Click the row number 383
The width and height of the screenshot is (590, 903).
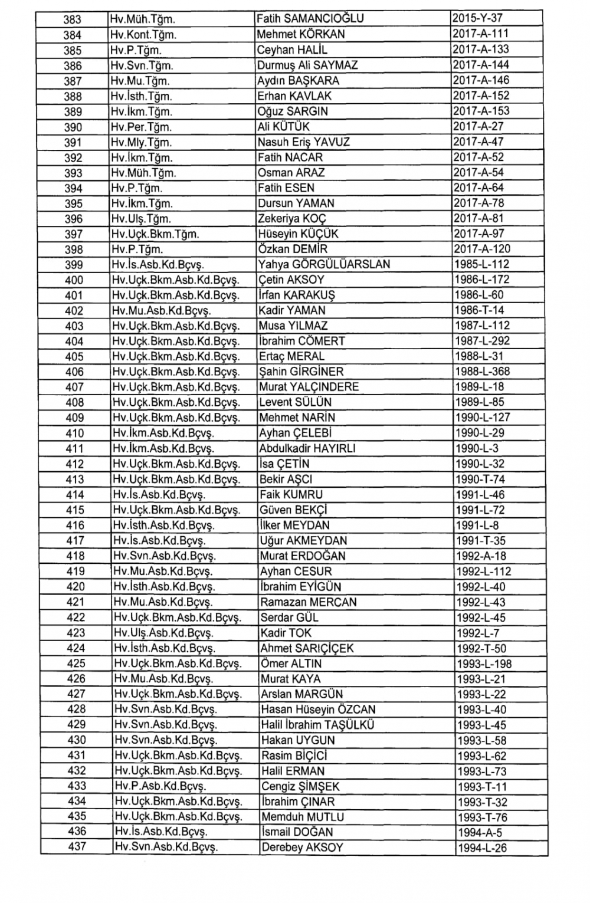coord(72,19)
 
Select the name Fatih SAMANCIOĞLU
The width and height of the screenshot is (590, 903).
coord(310,18)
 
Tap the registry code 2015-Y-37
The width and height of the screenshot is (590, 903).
coord(477,18)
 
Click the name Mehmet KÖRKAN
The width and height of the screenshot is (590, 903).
coord(301,34)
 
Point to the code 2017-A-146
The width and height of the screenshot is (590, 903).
coord(481,80)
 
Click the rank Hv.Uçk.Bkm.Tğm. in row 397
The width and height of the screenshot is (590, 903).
coord(155,234)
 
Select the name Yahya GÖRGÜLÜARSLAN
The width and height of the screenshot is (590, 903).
coord(324,264)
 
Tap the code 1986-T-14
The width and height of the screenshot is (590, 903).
coord(480,310)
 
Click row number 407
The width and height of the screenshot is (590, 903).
coord(74,388)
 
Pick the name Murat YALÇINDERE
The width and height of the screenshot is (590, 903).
coord(317,387)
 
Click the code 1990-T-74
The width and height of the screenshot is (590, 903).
coord(480,480)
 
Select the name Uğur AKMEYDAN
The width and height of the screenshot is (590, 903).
coord(303,540)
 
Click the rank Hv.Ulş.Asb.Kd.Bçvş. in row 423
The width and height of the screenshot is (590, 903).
coord(163,633)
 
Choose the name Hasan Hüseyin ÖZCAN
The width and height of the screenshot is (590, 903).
coord(318,710)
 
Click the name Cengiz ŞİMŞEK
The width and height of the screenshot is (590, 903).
coord(300,786)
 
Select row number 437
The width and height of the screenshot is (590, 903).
coord(77,847)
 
